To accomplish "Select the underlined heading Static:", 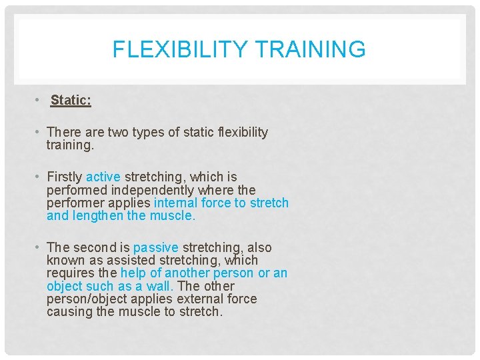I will click(71, 101).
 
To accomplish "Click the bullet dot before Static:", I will click(39, 101).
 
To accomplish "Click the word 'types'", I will click(145, 132).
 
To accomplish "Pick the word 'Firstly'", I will click(65, 177).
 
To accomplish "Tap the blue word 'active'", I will click(103, 177).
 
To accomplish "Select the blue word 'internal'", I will click(175, 203).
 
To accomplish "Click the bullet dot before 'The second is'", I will click(39, 247).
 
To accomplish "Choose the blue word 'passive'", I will click(156, 247).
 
